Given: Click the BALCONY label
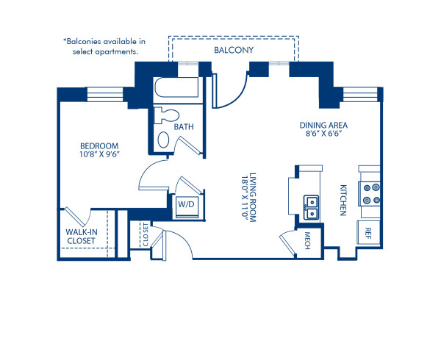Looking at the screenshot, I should click(x=233, y=51).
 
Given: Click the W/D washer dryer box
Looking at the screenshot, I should click(x=182, y=204).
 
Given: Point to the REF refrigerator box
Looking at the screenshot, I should click(x=367, y=233).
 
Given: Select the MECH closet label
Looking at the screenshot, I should click(x=308, y=240).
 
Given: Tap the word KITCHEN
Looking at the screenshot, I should click(x=342, y=200).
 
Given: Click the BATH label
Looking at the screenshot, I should click(x=184, y=127).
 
